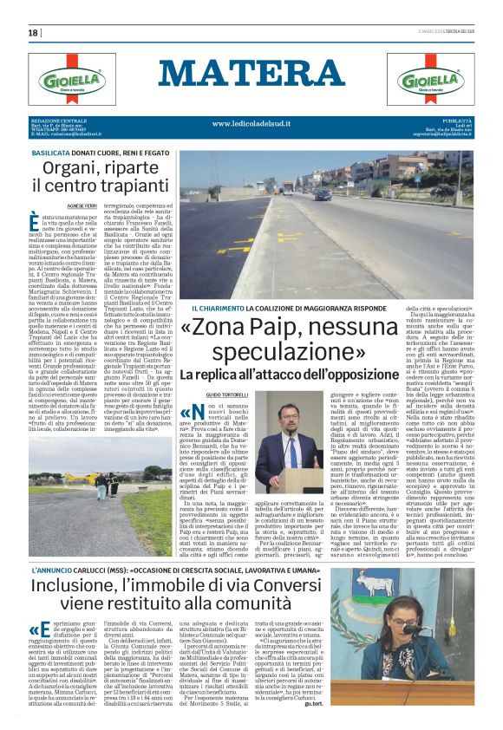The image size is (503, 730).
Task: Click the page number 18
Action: [x=33, y=33]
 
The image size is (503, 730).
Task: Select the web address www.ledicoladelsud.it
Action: [x=251, y=124]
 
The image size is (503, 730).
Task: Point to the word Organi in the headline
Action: [x=73, y=169]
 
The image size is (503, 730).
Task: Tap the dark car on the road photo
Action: [x=322, y=194]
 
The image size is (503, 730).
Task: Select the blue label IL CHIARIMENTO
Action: [x=221, y=309]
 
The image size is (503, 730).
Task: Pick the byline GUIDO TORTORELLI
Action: [x=226, y=394]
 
